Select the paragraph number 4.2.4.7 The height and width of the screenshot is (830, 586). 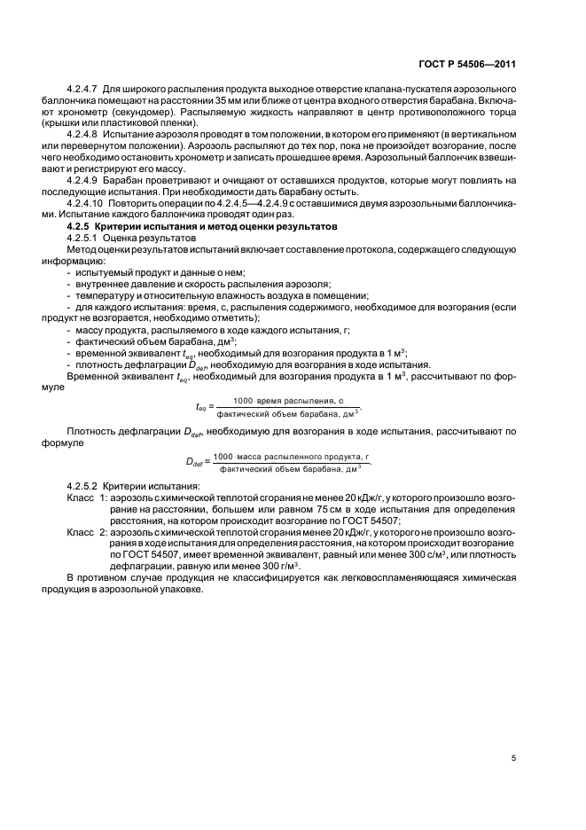tap(83, 91)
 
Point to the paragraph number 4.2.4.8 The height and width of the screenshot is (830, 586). tap(83, 130)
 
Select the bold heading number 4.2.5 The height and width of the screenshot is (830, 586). tap(81, 227)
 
